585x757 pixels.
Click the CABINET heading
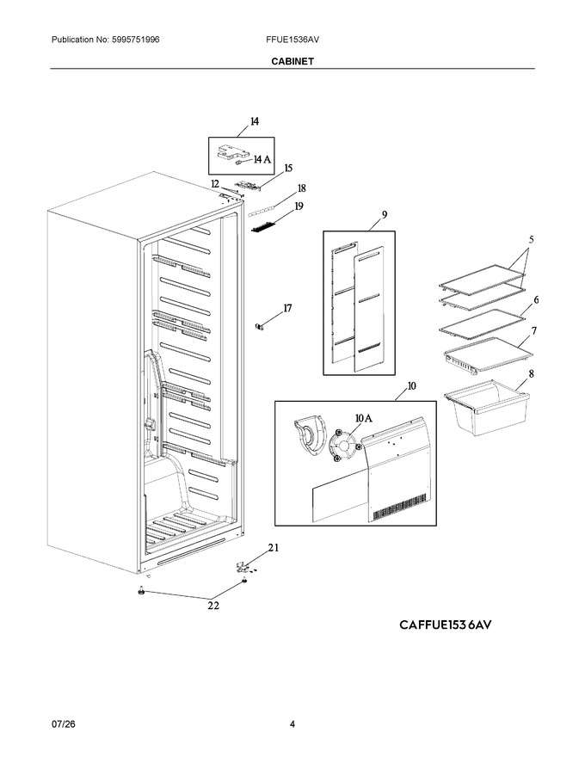pyautogui.click(x=292, y=61)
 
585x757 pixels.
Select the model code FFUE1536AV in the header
pyautogui.click(x=292, y=40)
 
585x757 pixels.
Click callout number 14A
pyautogui.click(x=262, y=159)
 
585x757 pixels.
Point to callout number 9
pyautogui.click(x=385, y=215)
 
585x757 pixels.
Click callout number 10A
pyautogui.click(x=363, y=419)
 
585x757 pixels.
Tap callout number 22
pyautogui.click(x=213, y=606)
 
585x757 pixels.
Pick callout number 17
pyautogui.click(x=287, y=308)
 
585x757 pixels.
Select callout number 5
pyautogui.click(x=532, y=239)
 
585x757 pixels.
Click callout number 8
pyautogui.click(x=531, y=373)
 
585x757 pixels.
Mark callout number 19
pyautogui.click(x=299, y=206)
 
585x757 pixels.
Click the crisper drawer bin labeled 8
pyautogui.click(x=487, y=407)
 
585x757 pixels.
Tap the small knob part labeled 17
pyautogui.click(x=261, y=328)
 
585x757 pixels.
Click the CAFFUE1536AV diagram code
pyautogui.click(x=446, y=625)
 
